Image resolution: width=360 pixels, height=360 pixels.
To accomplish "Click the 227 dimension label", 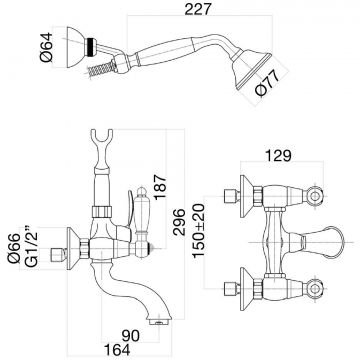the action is [198, 9].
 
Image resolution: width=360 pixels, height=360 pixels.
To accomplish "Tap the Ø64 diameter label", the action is [47, 47].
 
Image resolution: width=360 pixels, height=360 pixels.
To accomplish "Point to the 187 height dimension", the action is [160, 187].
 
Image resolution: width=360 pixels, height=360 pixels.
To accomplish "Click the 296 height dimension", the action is [179, 222].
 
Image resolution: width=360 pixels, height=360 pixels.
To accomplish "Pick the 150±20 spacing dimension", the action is [199, 231].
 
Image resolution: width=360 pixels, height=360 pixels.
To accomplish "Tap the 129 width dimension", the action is [279, 155].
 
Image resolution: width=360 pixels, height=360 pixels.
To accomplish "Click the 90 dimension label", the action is [130, 336].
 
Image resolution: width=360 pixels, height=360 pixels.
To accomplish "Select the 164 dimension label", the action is [117, 350].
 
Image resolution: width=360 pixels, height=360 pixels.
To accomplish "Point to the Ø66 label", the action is [15, 247].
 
